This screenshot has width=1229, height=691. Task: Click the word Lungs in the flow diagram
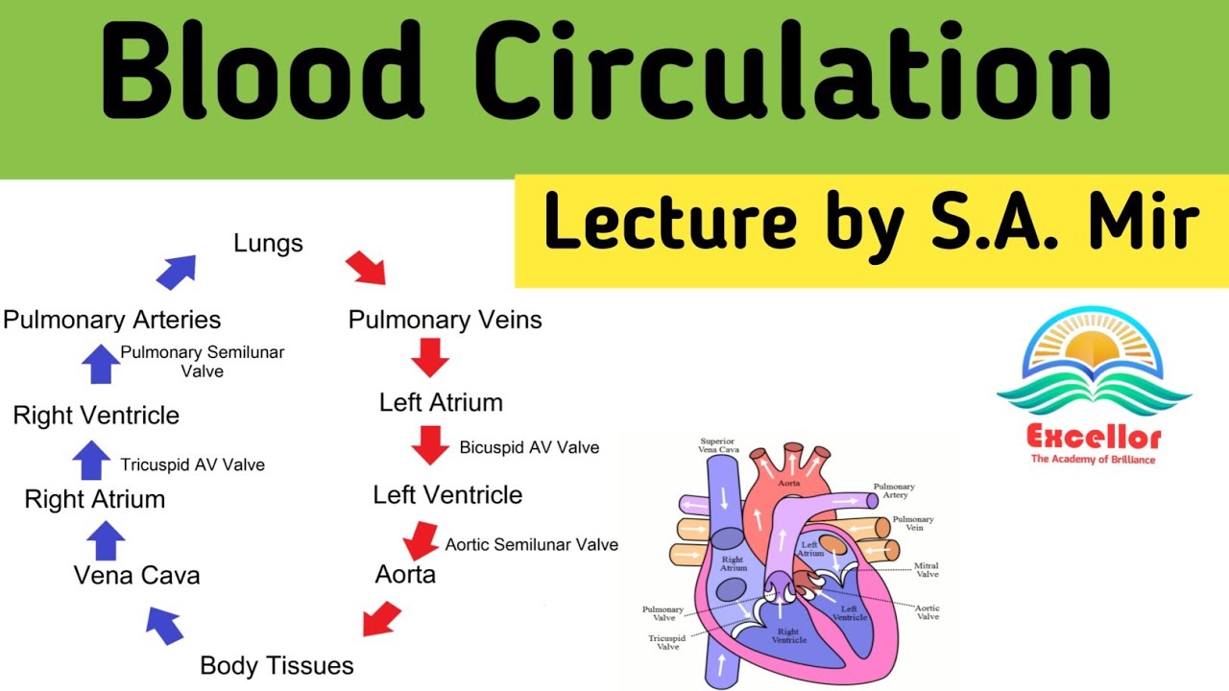pyautogui.click(x=268, y=244)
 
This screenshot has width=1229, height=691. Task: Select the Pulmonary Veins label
pyautogui.click(x=445, y=320)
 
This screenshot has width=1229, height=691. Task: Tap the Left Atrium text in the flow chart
pyautogui.click(x=441, y=402)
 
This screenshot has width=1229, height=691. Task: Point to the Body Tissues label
pyautogui.click(x=277, y=665)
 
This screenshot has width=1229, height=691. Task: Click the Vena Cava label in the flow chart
pyautogui.click(x=137, y=575)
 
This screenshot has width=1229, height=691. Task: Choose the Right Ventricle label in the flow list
pyautogui.click(x=96, y=416)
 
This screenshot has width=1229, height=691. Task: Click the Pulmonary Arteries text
pyautogui.click(x=112, y=320)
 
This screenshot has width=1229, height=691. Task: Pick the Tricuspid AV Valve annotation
pyautogui.click(x=192, y=465)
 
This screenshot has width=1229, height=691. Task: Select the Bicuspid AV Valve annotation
pyautogui.click(x=529, y=447)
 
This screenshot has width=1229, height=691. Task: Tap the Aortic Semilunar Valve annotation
pyautogui.click(x=531, y=544)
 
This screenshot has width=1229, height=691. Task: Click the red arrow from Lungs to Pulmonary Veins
pyautogui.click(x=366, y=268)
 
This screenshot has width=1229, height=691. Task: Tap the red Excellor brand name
pyautogui.click(x=1094, y=439)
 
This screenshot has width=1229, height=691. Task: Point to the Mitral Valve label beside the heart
pyautogui.click(x=927, y=570)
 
